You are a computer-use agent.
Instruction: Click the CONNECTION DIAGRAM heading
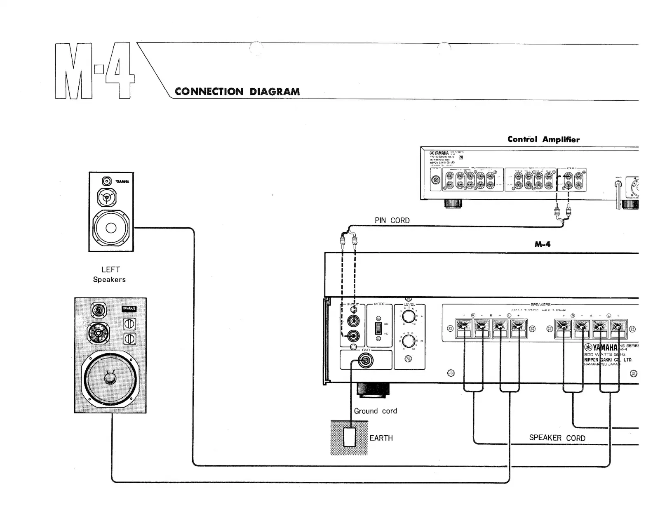[237, 92]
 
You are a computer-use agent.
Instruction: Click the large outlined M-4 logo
[94, 71]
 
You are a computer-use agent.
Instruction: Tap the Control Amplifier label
[543, 139]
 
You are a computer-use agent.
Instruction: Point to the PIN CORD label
[392, 220]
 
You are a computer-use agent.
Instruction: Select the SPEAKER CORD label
[557, 438]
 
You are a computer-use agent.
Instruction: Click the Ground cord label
[375, 411]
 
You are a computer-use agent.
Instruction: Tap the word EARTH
[381, 438]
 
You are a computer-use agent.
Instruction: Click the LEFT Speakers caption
[110, 274]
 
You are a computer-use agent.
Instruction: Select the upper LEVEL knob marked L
[409, 317]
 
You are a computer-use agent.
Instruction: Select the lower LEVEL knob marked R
[409, 342]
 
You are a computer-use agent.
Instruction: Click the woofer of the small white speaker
[111, 228]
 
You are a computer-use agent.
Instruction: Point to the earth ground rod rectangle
[350, 437]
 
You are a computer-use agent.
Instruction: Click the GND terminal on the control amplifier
[435, 180]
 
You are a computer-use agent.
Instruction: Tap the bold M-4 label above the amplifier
[543, 244]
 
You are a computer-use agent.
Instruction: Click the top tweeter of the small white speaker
[107, 182]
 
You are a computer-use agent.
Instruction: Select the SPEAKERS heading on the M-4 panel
[540, 304]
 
